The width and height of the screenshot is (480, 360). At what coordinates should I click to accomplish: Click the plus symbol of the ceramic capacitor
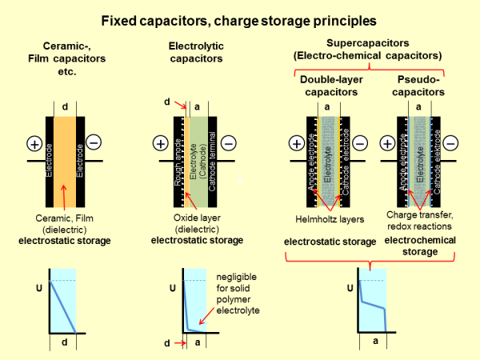[x=34, y=144]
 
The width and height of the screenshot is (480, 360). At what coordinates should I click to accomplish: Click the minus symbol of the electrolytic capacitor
[x=229, y=144]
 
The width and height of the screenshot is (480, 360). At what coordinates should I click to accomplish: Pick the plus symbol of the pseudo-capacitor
[x=388, y=144]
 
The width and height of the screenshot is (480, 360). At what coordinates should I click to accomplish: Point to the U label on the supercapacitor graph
[x=349, y=286]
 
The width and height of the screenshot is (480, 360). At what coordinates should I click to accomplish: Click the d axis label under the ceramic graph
[x=63, y=344]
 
